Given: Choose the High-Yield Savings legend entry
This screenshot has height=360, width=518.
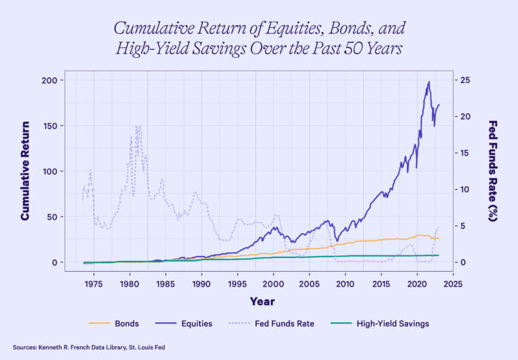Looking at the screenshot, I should point(393,324).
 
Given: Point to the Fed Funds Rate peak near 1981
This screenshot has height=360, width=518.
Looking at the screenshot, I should point(137,126).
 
